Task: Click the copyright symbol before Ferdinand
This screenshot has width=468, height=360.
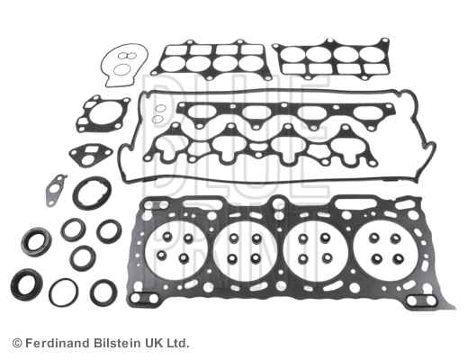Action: [x=17, y=343]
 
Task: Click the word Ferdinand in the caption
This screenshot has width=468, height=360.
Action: [x=57, y=343]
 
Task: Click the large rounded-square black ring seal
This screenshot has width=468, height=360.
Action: [x=92, y=193]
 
